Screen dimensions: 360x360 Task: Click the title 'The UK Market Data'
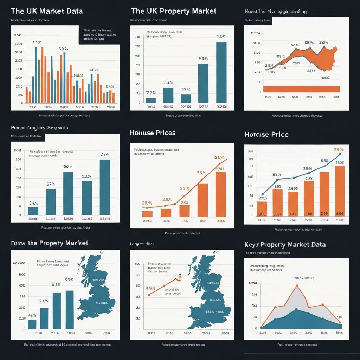(47, 11)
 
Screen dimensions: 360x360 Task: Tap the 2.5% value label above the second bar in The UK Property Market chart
(168, 82)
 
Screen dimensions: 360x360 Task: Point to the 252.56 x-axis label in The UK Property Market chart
(221, 107)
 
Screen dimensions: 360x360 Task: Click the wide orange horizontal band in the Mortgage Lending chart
(301, 89)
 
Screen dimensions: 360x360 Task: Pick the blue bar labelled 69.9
(68, 193)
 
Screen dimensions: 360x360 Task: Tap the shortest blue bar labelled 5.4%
(33, 211)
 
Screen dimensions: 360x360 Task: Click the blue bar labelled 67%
(51, 201)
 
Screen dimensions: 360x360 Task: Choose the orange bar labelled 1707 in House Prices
(220, 194)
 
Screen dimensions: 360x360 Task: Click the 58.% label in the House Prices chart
(147, 203)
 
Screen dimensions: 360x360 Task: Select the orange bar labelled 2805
(340, 191)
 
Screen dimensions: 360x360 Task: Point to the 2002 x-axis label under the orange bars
(340, 220)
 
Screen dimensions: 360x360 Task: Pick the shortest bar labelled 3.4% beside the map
(32, 324)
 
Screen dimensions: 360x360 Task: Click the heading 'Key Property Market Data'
(285, 244)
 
